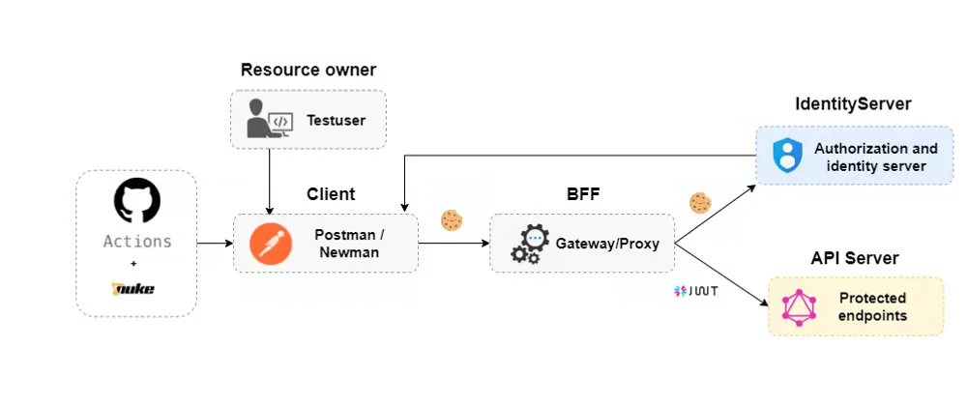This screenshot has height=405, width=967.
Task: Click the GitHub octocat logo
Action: tap(136, 201)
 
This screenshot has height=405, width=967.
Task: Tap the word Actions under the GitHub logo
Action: tap(137, 242)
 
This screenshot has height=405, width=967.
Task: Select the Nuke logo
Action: tap(135, 288)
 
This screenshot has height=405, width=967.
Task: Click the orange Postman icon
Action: tap(271, 243)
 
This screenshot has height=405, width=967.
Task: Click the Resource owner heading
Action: tap(308, 70)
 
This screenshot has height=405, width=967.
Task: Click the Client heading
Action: tap(331, 194)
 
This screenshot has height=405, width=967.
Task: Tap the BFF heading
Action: tap(584, 194)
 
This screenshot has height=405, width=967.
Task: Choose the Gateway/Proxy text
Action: tap(607, 244)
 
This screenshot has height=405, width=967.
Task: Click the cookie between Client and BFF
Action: tap(452, 220)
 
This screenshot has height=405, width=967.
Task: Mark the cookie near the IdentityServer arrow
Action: tap(700, 202)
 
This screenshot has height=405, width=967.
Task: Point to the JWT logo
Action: tap(696, 290)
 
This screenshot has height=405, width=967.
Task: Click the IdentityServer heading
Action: tap(853, 104)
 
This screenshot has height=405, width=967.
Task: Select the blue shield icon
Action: tap(787, 156)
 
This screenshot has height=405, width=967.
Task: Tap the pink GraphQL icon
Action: tap(800, 306)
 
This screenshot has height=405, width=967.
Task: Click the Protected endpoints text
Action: tap(872, 306)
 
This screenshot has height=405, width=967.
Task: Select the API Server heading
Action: tap(855, 258)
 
